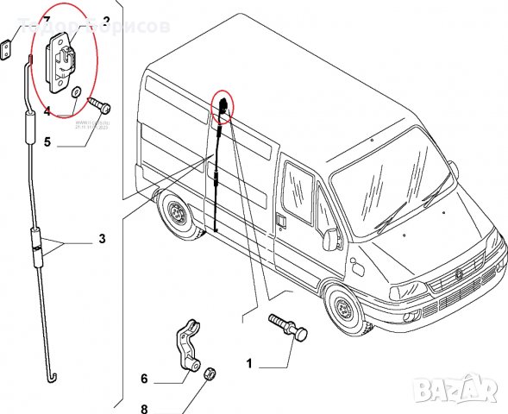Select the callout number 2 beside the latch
pyautogui.click(x=105, y=20)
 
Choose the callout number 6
pyautogui.click(x=144, y=378)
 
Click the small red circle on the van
pyautogui.click(x=222, y=105)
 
